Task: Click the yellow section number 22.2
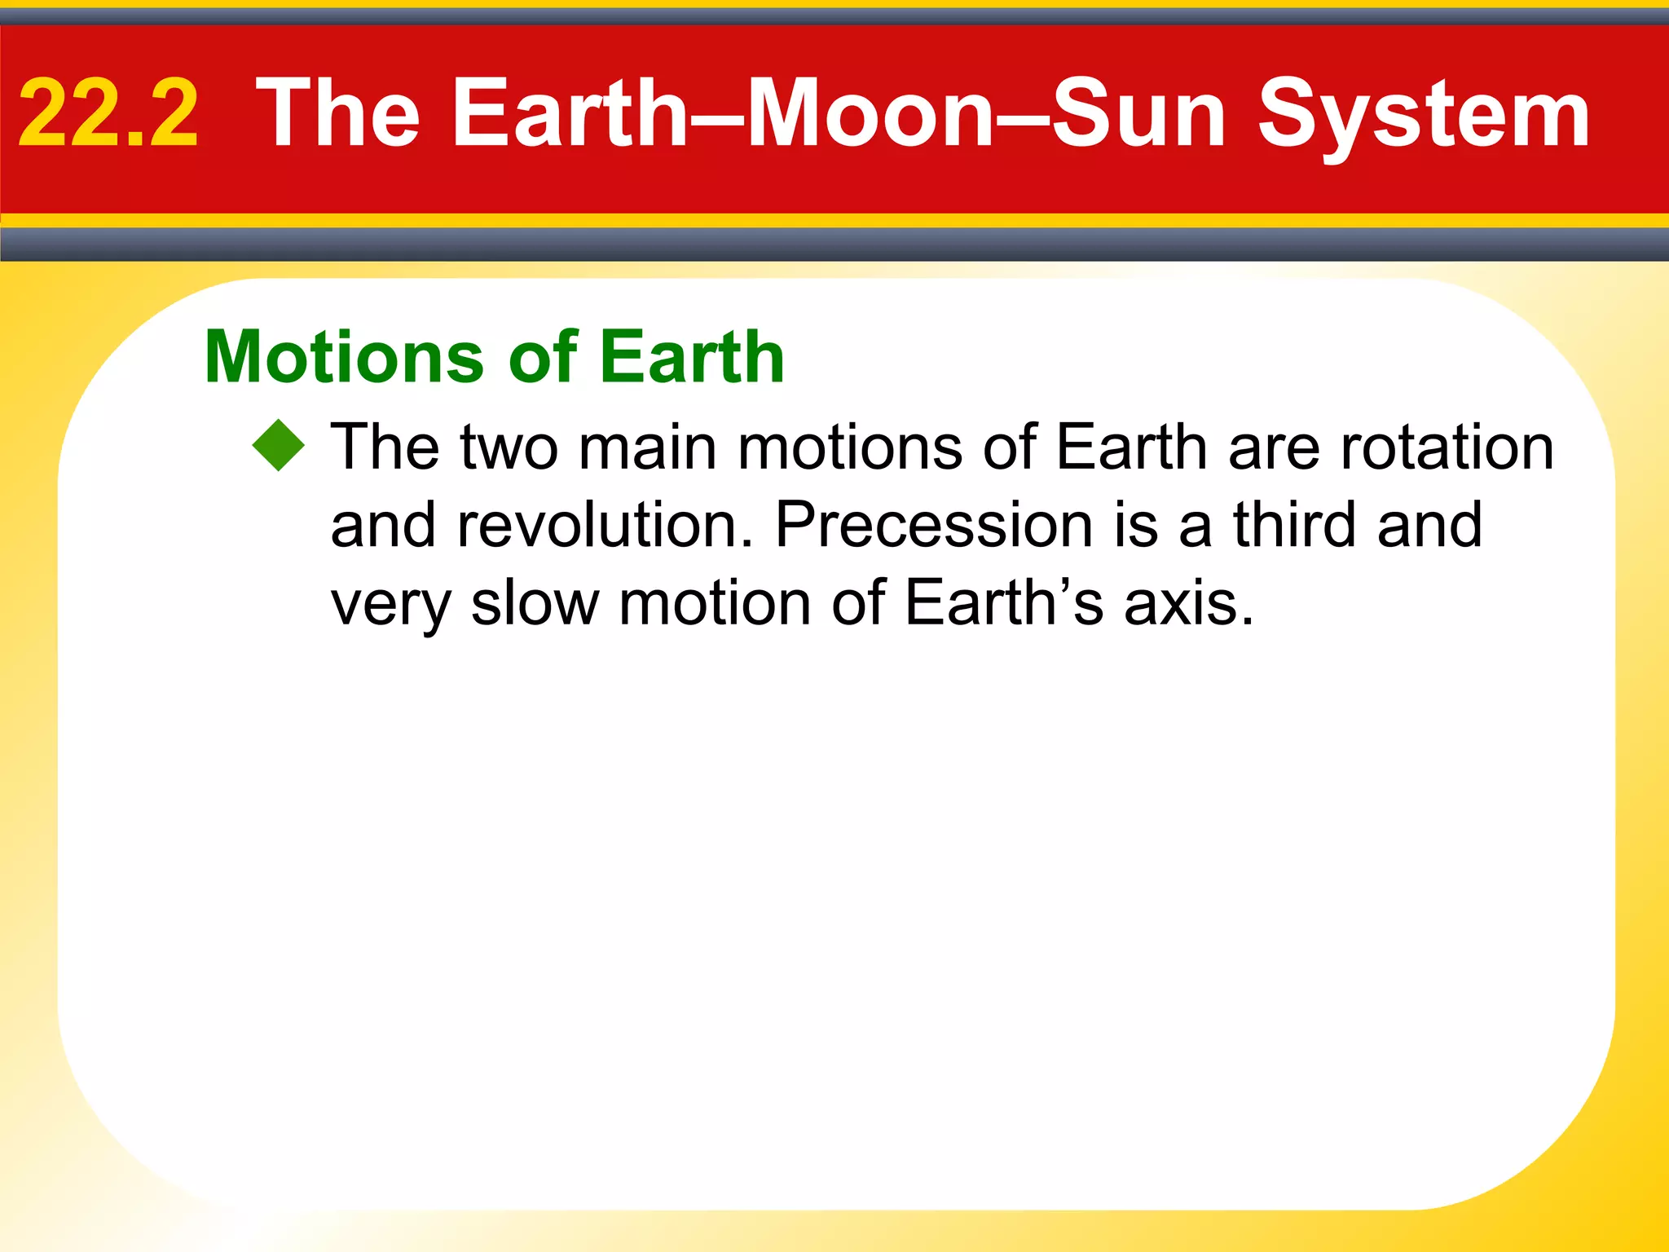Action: (108, 114)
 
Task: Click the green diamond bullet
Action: (279, 446)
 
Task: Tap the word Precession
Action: (934, 525)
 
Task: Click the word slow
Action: (535, 603)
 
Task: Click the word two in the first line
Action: (509, 447)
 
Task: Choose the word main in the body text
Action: (647, 447)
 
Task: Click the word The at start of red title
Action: (338, 114)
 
